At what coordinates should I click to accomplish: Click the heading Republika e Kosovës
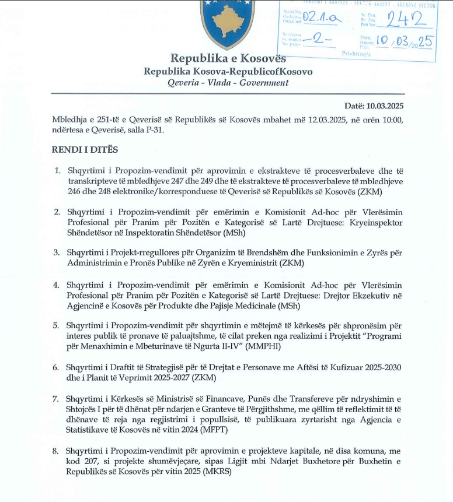tap(228, 58)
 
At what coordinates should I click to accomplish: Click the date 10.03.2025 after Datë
tap(385, 106)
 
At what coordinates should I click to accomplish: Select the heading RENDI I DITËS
tap(85, 150)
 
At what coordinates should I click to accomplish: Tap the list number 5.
tap(57, 325)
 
